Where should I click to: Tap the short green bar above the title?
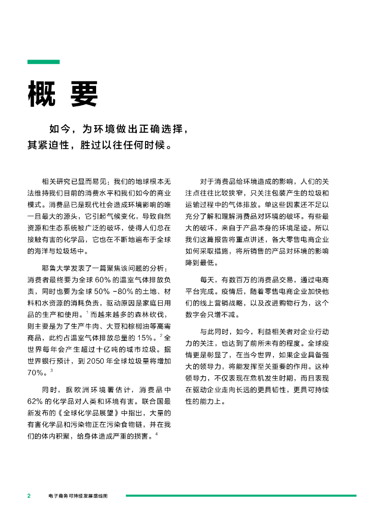[x=43, y=62]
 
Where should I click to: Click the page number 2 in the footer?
[x=29, y=496]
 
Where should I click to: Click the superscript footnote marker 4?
[x=157, y=433]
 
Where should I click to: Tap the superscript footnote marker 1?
[x=87, y=312]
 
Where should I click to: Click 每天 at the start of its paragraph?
[x=206, y=280]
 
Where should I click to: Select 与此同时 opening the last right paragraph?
[x=215, y=331]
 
